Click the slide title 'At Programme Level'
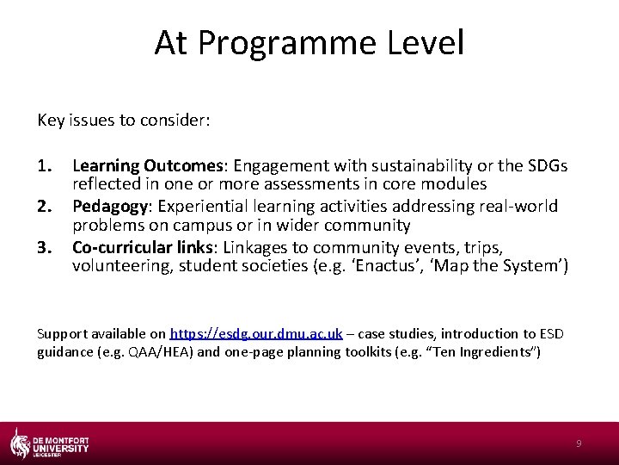(309, 43)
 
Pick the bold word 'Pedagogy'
(107, 206)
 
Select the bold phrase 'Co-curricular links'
(143, 247)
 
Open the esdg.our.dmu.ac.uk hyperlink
(256, 333)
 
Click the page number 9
(579, 443)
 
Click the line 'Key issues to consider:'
(124, 120)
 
